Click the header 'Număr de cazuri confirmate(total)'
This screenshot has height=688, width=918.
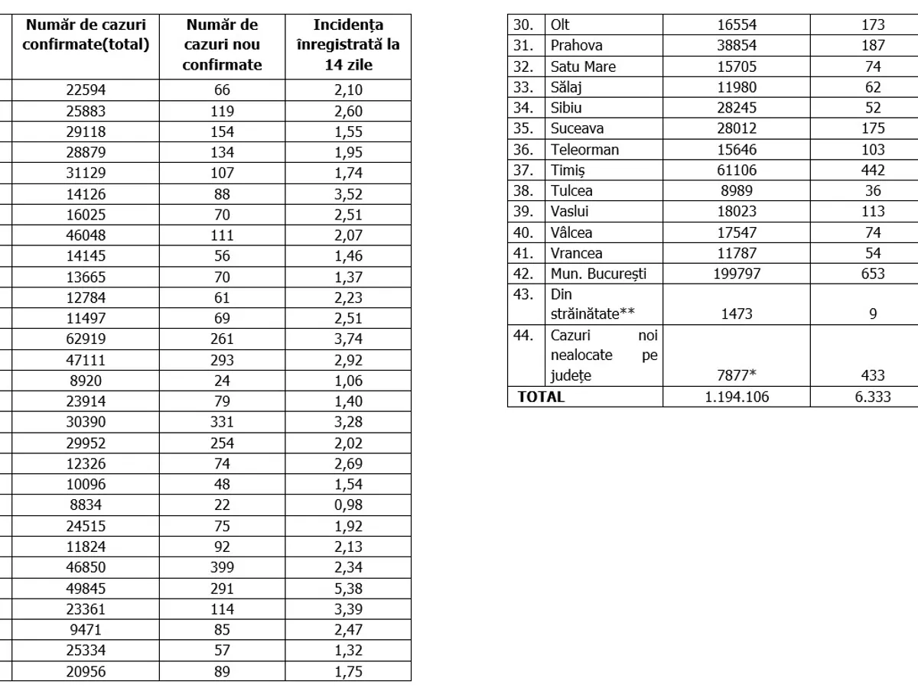click(86, 35)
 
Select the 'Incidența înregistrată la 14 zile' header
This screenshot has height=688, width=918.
click(348, 45)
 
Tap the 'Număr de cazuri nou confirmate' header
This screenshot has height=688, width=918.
click(222, 45)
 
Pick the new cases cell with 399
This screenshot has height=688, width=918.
click(222, 568)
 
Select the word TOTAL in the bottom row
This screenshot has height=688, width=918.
click(541, 397)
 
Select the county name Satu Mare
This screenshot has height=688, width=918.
click(583, 67)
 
